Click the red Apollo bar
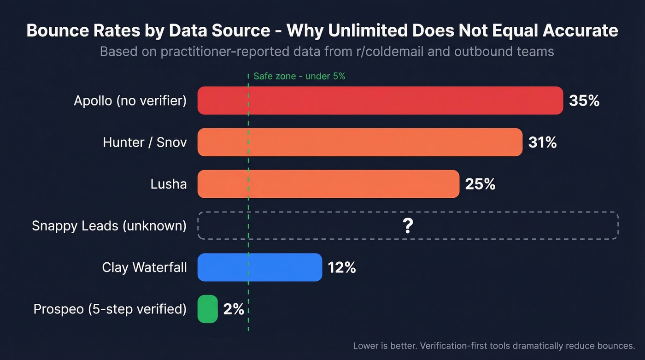pos(380,100)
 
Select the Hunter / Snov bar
pos(360,142)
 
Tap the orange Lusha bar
pos(328,184)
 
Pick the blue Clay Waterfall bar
pos(260,267)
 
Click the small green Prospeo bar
pos(207,309)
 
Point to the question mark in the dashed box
pos(407,226)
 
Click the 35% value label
pos(584,100)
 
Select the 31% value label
pos(542,142)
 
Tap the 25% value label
pos(480,184)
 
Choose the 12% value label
pos(341,267)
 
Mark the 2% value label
pos(233,309)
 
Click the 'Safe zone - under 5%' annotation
pos(299,77)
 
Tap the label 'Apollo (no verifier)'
pos(130,100)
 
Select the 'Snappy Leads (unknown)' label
pos(109,226)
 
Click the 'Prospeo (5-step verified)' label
pos(110,309)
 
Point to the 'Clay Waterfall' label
pos(144,267)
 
